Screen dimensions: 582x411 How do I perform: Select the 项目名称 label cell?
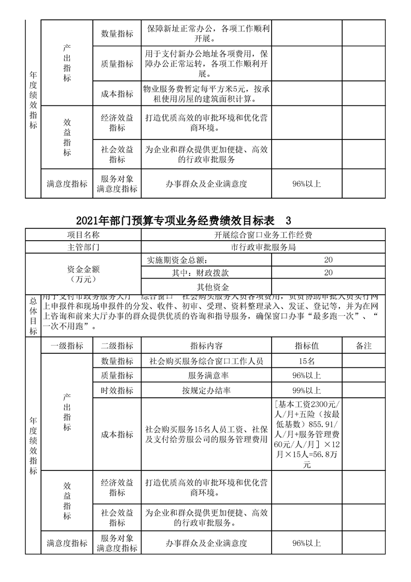tap(83, 235)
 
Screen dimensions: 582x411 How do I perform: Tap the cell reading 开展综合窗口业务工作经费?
tap(263, 235)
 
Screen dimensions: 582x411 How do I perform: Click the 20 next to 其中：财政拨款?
tap(328, 272)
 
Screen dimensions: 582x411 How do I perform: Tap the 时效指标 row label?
tap(117, 391)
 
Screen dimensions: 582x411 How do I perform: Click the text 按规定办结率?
tap(206, 391)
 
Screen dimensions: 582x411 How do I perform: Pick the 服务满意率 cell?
tap(206, 376)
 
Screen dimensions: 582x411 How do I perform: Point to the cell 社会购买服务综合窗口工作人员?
tap(206, 361)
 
